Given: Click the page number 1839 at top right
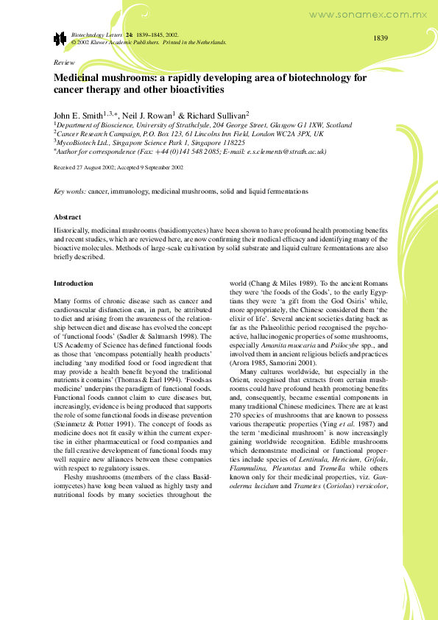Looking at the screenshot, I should point(380,38).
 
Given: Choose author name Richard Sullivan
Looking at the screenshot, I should point(219,115).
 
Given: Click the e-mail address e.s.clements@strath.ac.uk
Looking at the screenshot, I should point(283,152).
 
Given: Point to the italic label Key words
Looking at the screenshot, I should point(69,192).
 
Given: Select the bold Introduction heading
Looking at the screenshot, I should point(74,283).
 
